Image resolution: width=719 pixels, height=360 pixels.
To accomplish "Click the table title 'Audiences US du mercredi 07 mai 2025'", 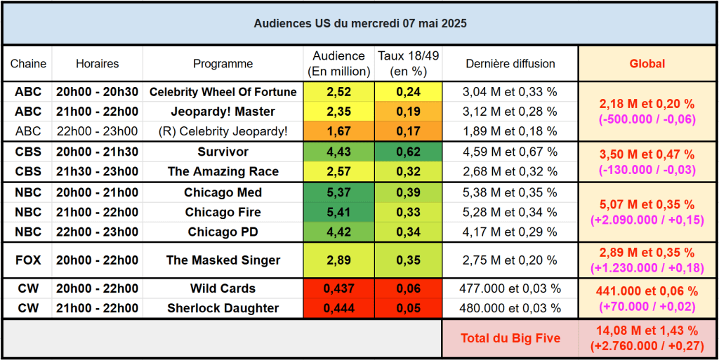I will [x=359, y=23].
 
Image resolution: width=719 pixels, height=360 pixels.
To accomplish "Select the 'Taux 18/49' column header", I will [x=408, y=63].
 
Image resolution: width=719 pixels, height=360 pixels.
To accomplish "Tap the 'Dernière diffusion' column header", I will [x=510, y=64].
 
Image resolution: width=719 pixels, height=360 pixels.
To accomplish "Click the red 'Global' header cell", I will [x=647, y=64].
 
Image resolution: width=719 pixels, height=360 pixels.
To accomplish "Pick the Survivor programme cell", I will [x=223, y=152].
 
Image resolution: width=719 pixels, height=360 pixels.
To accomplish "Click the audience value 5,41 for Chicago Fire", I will [x=338, y=212].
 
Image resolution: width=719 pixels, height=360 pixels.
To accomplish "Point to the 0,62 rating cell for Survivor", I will [x=408, y=152].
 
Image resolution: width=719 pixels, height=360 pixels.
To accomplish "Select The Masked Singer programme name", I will [x=223, y=260].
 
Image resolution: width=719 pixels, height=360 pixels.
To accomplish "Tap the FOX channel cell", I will [x=28, y=260].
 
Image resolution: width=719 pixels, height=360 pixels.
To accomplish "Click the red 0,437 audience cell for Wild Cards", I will [x=338, y=288].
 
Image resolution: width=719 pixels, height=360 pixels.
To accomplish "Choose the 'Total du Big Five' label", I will [x=510, y=338].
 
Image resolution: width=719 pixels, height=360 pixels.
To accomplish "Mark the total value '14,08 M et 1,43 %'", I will [x=647, y=331].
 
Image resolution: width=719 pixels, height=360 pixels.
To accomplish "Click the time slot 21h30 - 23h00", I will [x=97, y=171].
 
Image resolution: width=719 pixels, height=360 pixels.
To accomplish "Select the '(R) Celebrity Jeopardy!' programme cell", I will [x=223, y=131].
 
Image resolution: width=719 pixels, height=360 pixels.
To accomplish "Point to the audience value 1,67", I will [x=338, y=131].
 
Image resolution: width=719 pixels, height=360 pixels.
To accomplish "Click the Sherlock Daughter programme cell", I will [x=223, y=308].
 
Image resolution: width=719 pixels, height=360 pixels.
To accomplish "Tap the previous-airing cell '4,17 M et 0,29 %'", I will [x=510, y=232].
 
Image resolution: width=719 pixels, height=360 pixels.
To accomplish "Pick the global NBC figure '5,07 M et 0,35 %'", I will [x=647, y=205].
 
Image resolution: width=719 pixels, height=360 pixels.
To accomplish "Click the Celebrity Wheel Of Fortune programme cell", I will [x=223, y=92].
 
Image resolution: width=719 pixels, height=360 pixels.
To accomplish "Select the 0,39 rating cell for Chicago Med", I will [x=408, y=192].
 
